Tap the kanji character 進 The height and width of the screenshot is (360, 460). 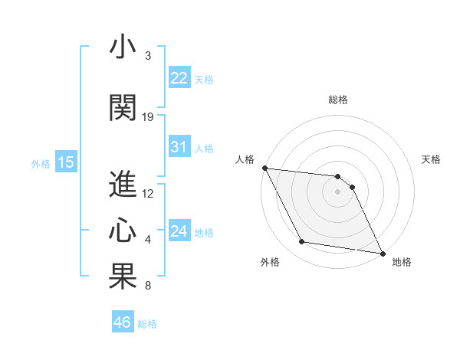pos(123,185)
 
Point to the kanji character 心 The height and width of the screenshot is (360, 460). pos(123,231)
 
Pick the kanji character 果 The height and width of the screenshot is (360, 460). pos(123,277)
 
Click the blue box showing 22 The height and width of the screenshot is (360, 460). pos(179,77)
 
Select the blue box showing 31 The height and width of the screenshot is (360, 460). pos(179,147)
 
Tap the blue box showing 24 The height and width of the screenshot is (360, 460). pos(179,231)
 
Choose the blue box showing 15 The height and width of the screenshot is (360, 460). pos(65,162)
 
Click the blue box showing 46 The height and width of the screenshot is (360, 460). pos(123,322)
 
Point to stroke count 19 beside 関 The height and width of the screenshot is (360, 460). pos(148,117)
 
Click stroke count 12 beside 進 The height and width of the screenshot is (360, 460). pos(148,194)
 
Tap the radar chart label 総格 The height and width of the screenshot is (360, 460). pos(338,100)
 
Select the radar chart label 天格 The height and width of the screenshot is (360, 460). pos(432,159)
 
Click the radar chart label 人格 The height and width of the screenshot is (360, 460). pos(245,159)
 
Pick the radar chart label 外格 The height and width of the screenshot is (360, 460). pos(269,263)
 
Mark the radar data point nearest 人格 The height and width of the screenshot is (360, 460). pos(264,168)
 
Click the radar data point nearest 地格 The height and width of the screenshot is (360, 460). pos(382,253)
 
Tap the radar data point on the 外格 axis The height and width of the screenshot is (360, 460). pos(302,242)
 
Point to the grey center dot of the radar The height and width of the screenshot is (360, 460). pos(338,191)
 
